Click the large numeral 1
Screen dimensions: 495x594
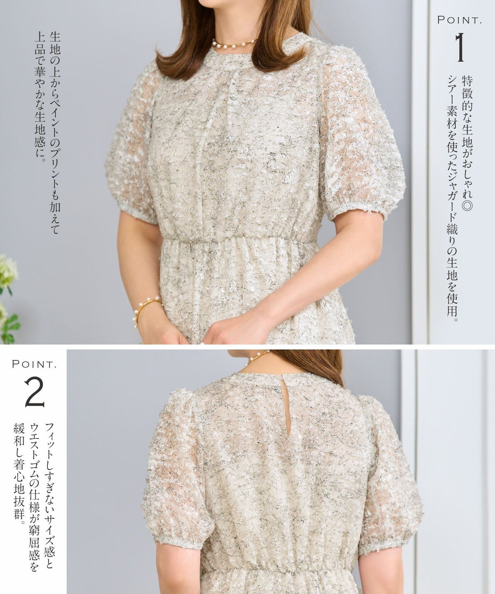(460, 47)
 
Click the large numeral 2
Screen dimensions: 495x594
(34, 391)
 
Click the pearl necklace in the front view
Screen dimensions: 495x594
(234, 44)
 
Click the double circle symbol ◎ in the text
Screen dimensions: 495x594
(467, 205)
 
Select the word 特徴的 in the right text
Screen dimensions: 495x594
(467, 94)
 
